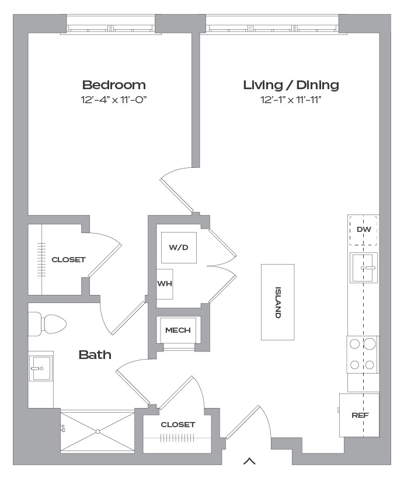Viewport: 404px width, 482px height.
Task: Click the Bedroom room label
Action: pos(114,85)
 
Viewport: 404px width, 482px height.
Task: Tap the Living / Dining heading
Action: pos(291,85)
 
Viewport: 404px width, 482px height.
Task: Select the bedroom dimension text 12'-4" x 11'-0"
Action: pos(114,100)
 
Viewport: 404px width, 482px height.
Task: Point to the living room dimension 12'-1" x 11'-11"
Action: pos(291,100)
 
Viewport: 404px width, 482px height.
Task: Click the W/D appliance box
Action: pos(179,248)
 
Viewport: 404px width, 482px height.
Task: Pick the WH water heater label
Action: pos(165,283)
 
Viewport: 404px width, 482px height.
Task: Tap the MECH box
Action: pos(178,330)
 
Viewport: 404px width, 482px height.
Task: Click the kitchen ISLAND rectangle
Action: pos(278,302)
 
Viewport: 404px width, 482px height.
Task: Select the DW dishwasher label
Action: pos(364,229)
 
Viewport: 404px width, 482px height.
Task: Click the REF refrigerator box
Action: pos(360,415)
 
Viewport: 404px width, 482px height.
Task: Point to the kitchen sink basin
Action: pos(364,268)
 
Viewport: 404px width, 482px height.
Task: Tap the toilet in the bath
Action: pos(47,324)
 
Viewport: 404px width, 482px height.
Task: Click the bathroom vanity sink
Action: pos(41,368)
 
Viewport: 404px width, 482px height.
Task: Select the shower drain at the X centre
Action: pos(98,431)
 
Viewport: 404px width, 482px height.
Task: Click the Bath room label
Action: pos(95,355)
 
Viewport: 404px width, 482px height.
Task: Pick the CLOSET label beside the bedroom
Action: pos(68,260)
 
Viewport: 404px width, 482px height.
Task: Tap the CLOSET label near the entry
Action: pos(178,424)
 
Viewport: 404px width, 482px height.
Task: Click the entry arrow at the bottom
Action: pos(249,461)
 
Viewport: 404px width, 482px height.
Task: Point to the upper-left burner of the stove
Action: pos(355,344)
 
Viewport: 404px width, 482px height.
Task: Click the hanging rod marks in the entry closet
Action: pos(177,438)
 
